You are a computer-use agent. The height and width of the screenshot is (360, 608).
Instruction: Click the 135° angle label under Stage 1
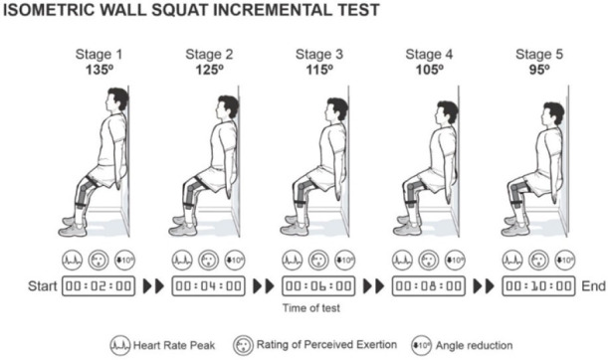point(100,71)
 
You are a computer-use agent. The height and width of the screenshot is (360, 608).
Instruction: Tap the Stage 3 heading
point(319,55)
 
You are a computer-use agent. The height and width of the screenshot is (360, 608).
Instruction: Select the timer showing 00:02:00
point(99,286)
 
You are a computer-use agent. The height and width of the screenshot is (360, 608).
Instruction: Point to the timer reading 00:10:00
point(538,286)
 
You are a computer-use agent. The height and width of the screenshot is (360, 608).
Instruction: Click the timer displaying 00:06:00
point(318,286)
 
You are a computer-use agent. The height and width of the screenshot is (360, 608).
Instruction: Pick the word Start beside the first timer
point(42,286)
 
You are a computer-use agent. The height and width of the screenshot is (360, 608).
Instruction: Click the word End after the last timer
point(593,286)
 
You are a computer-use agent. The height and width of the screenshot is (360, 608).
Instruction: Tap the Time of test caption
point(311,308)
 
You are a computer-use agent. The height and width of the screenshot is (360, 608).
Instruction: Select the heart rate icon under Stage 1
point(72,260)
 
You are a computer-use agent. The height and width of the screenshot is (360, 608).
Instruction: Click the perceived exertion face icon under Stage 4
point(429,260)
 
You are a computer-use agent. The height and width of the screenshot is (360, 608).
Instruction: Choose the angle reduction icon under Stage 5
point(565,260)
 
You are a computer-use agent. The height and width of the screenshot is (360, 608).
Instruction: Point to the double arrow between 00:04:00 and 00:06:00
point(264,286)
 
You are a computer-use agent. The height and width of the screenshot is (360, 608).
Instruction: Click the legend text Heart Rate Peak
point(174,345)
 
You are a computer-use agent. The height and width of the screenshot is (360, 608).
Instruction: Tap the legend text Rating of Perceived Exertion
point(326,344)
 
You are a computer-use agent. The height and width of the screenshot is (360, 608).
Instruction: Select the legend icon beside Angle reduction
point(422,345)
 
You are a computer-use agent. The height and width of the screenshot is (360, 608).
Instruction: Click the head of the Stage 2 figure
point(227,106)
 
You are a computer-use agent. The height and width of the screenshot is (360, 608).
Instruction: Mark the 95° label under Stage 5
point(539,71)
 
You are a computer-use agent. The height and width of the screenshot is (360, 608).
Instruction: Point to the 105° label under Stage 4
point(429,71)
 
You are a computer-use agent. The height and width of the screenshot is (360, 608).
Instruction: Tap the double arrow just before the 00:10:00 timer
point(484,286)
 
